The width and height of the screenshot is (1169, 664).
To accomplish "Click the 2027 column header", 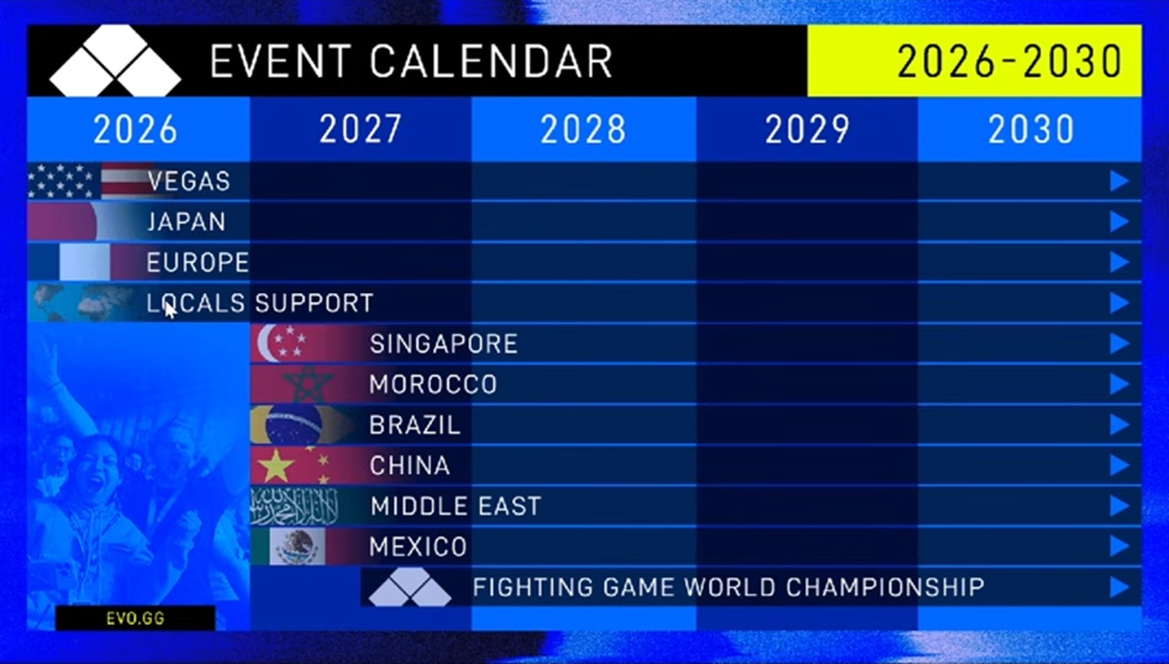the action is click(360, 129).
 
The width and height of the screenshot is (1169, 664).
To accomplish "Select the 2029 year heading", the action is click(807, 129).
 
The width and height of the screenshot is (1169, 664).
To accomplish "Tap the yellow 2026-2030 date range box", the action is click(974, 60).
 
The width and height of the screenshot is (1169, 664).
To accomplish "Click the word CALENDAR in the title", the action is click(492, 61).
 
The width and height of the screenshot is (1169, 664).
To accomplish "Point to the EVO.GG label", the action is click(135, 618).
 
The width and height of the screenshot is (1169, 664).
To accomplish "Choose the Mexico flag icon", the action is click(298, 546).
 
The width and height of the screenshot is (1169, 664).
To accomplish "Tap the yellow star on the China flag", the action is click(276, 465).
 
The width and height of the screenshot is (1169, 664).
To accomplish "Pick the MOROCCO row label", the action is click(433, 385).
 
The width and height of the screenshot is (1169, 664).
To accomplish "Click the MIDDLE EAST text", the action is click(456, 506).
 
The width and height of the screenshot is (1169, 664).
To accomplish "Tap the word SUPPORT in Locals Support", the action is click(314, 303).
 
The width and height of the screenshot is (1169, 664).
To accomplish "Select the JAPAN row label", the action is click(186, 222).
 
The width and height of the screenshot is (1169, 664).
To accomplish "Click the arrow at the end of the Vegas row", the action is click(1119, 181).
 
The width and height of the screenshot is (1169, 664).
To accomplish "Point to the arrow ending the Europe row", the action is click(1119, 262).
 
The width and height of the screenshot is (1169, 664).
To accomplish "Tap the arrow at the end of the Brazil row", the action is click(1119, 424).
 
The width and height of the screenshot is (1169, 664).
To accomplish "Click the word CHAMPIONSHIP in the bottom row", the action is click(886, 587).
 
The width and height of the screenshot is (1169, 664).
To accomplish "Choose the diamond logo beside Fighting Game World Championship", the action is click(410, 587).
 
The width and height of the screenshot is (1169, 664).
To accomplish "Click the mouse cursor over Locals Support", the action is click(170, 310).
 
